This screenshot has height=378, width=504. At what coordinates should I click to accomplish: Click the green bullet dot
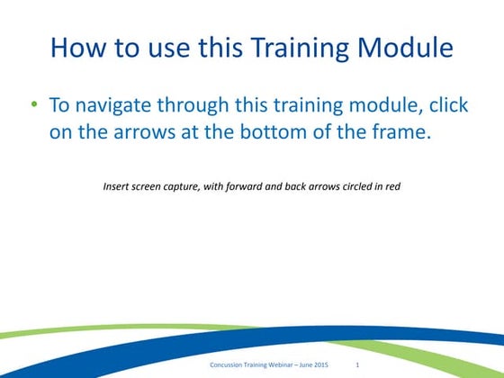[x=34, y=104]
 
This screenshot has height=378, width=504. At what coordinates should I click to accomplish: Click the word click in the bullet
[x=447, y=105]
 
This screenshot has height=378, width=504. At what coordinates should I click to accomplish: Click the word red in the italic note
[x=392, y=188]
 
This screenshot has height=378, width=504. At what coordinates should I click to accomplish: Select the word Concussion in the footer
[x=228, y=364]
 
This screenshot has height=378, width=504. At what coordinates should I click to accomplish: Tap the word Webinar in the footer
[x=282, y=364]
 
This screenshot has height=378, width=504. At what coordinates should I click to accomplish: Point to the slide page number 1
[x=358, y=364]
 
